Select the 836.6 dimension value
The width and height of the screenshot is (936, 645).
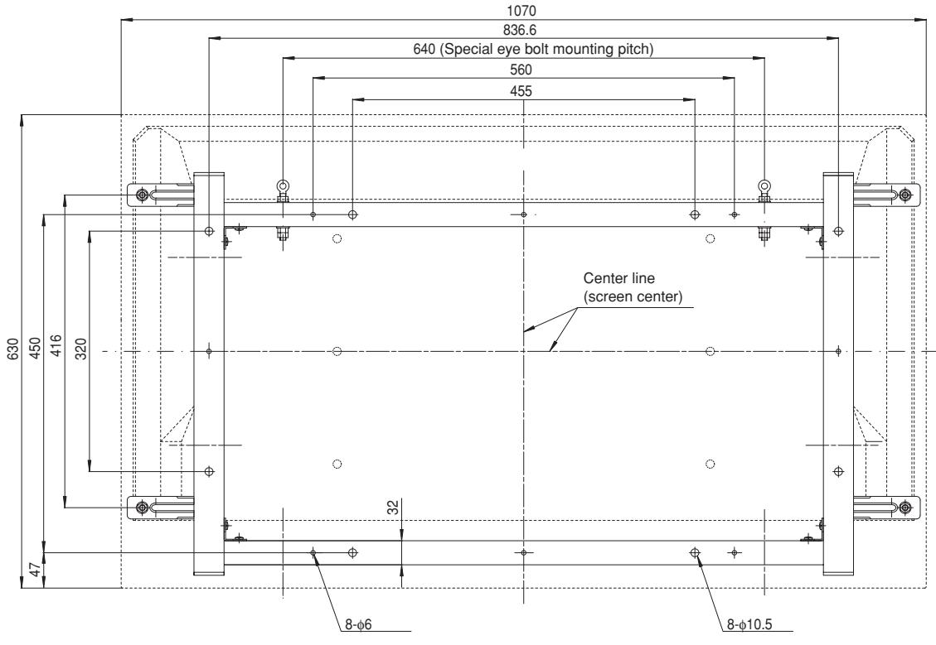click(524, 30)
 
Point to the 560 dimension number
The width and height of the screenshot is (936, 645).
click(524, 70)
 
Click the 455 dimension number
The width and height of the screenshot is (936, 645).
click(524, 90)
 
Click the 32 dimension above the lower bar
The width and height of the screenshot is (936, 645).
click(393, 506)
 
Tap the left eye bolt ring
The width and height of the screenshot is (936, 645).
click(283, 185)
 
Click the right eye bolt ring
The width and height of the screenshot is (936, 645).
click(764, 185)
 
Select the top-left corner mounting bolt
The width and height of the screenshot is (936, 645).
click(143, 195)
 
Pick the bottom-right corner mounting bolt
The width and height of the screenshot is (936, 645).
click(904, 506)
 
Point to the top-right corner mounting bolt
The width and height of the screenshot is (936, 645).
click(904, 195)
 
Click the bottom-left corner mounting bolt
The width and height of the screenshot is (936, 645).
click(143, 506)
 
